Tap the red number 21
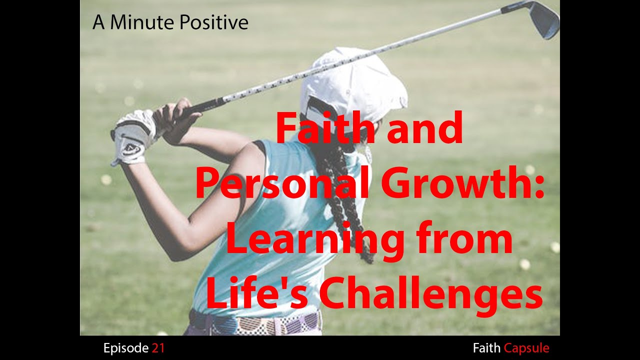tap(158, 348)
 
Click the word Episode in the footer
tap(125, 348)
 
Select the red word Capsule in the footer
tap(526, 348)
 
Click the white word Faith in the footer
tap(486, 348)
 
